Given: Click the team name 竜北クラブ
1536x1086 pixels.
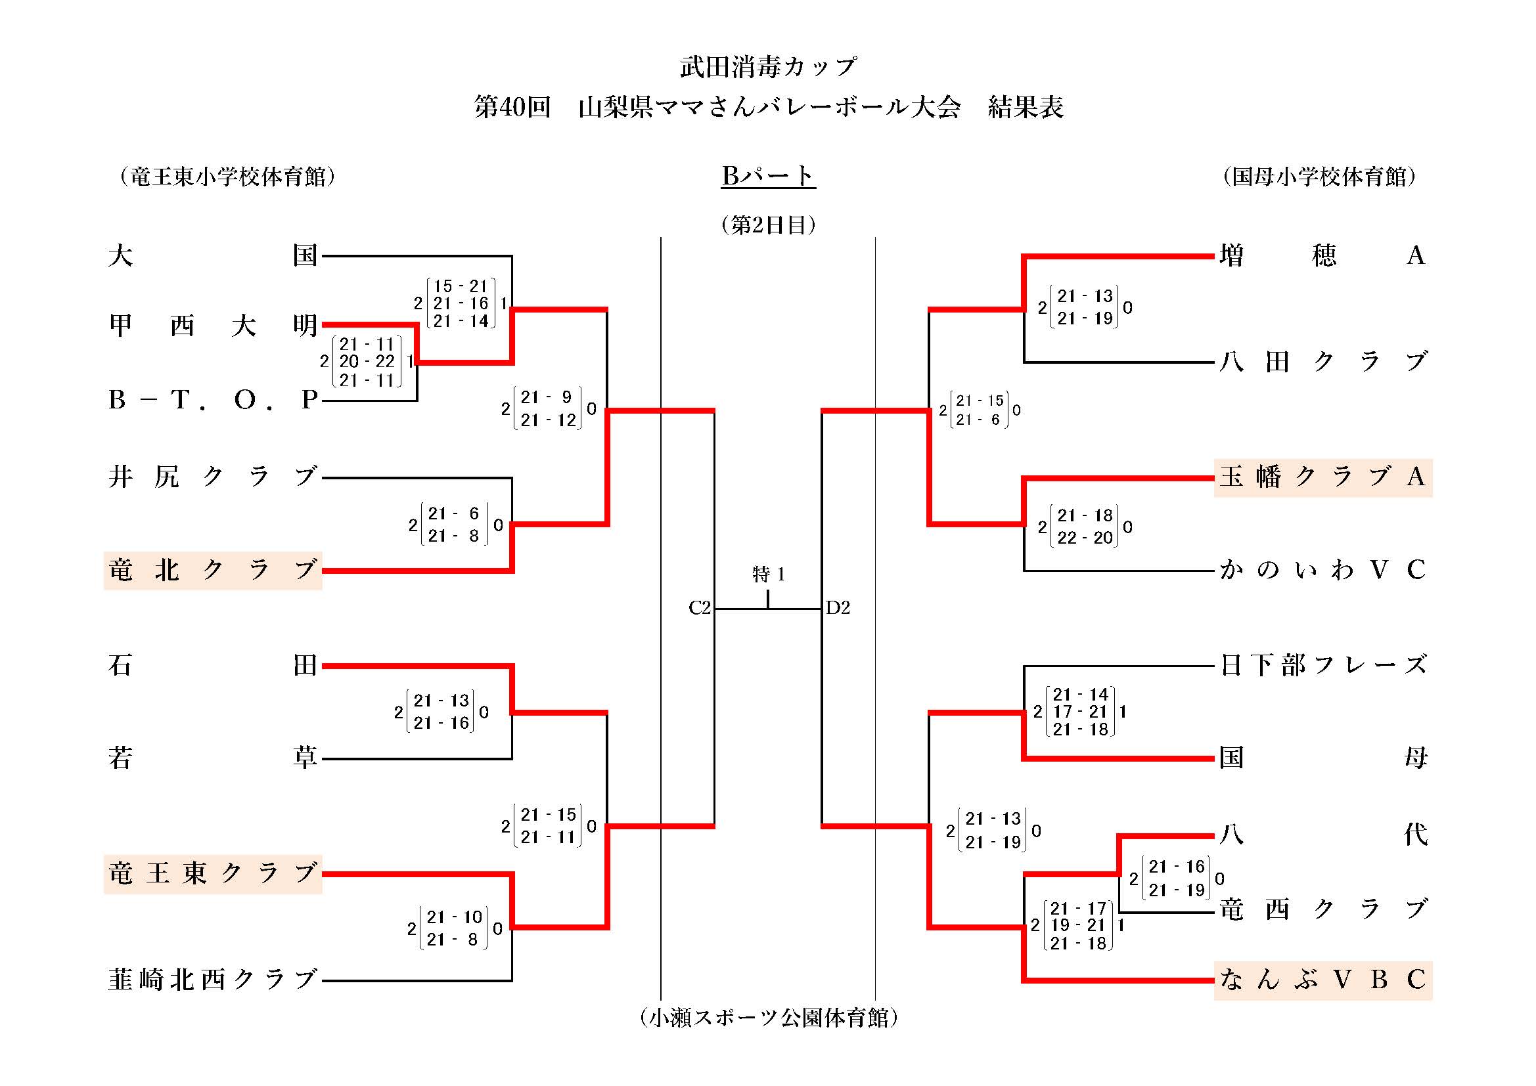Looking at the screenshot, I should pyautogui.click(x=213, y=571).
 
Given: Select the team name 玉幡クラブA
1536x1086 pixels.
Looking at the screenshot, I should pyautogui.click(x=1322, y=477).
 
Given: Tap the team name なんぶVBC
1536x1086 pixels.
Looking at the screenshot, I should pyautogui.click(x=1322, y=980).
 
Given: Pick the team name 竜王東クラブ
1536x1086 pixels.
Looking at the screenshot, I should pyautogui.click(x=213, y=874).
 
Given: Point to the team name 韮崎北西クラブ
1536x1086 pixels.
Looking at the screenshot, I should pyautogui.click(x=213, y=980).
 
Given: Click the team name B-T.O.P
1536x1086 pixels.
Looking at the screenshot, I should pyautogui.click(x=213, y=400).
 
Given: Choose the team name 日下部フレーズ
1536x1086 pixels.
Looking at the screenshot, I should pyautogui.click(x=1322, y=665).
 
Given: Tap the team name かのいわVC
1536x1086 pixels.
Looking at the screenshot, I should pyautogui.click(x=1322, y=571).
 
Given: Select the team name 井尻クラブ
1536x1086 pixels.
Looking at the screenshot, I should pyautogui.click(x=213, y=477).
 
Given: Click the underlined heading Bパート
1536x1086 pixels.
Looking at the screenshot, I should pyautogui.click(x=768, y=176).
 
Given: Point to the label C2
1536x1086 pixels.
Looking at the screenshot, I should pyautogui.click(x=700, y=608).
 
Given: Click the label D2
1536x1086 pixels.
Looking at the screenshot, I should pyautogui.click(x=838, y=608).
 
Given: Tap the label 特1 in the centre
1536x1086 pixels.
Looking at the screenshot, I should pyautogui.click(x=768, y=575).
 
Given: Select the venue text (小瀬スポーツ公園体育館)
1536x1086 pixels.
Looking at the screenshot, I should pyautogui.click(x=768, y=1018).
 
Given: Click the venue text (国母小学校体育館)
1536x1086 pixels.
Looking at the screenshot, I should pyautogui.click(x=1319, y=177).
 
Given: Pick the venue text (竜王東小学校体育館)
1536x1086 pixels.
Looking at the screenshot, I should pyautogui.click(x=227, y=177).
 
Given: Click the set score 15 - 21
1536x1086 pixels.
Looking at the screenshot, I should pyautogui.click(x=461, y=286).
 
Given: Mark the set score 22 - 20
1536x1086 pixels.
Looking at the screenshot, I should pyautogui.click(x=1085, y=538).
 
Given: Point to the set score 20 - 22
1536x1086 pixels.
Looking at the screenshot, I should pyautogui.click(x=367, y=362).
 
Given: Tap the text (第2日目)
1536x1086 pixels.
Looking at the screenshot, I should pyautogui.click(x=768, y=225).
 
